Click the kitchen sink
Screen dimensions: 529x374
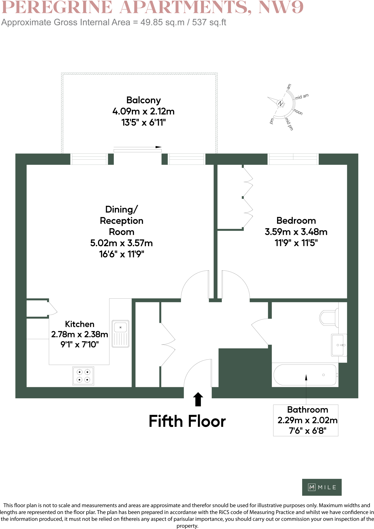tap(120, 334)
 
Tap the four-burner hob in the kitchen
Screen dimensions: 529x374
tap(83, 376)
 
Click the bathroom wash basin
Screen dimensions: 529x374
tap(339, 345)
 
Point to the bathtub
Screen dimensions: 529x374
tap(305, 375)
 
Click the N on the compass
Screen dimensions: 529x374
tap(280, 104)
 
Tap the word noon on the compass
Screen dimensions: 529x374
tap(298, 112)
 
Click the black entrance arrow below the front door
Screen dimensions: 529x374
tap(198, 399)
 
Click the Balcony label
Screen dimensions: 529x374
tap(143, 100)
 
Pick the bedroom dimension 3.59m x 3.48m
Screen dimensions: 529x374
tap(296, 232)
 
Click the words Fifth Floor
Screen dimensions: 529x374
tap(187, 421)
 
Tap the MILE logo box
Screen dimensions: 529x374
tap(322, 487)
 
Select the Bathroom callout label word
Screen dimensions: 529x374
tap(307, 410)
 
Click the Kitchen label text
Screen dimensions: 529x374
tap(80, 324)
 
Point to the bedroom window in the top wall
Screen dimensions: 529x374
tap(293, 159)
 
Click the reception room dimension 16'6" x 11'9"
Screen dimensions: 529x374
tap(121, 254)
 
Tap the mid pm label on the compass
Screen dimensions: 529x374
tap(289, 124)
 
